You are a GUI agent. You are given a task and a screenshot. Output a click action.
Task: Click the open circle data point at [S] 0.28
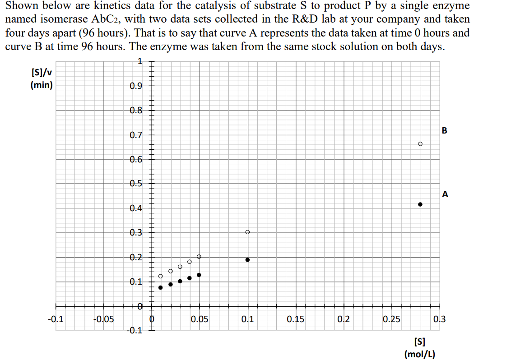click(420, 144)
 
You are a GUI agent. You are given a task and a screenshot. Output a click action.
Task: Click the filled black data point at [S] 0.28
click(420, 204)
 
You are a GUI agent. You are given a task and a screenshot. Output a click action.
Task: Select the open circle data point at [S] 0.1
click(247, 232)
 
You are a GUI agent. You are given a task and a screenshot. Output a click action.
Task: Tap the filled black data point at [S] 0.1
click(247, 260)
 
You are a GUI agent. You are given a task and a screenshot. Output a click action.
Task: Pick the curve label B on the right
click(445, 131)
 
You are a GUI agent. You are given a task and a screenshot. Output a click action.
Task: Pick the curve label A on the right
click(445, 194)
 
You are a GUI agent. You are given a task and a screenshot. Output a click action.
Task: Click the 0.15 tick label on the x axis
click(295, 320)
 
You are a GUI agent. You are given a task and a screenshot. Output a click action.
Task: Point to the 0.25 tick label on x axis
click(391, 320)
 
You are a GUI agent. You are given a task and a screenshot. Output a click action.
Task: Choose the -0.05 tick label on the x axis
click(103, 320)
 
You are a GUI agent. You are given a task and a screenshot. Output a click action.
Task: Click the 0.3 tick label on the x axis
click(439, 320)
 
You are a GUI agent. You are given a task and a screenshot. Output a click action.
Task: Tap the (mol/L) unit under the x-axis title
click(420, 354)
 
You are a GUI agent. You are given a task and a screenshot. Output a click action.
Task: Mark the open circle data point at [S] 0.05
click(199, 256)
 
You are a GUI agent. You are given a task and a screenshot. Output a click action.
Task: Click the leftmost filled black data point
click(161, 287)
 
